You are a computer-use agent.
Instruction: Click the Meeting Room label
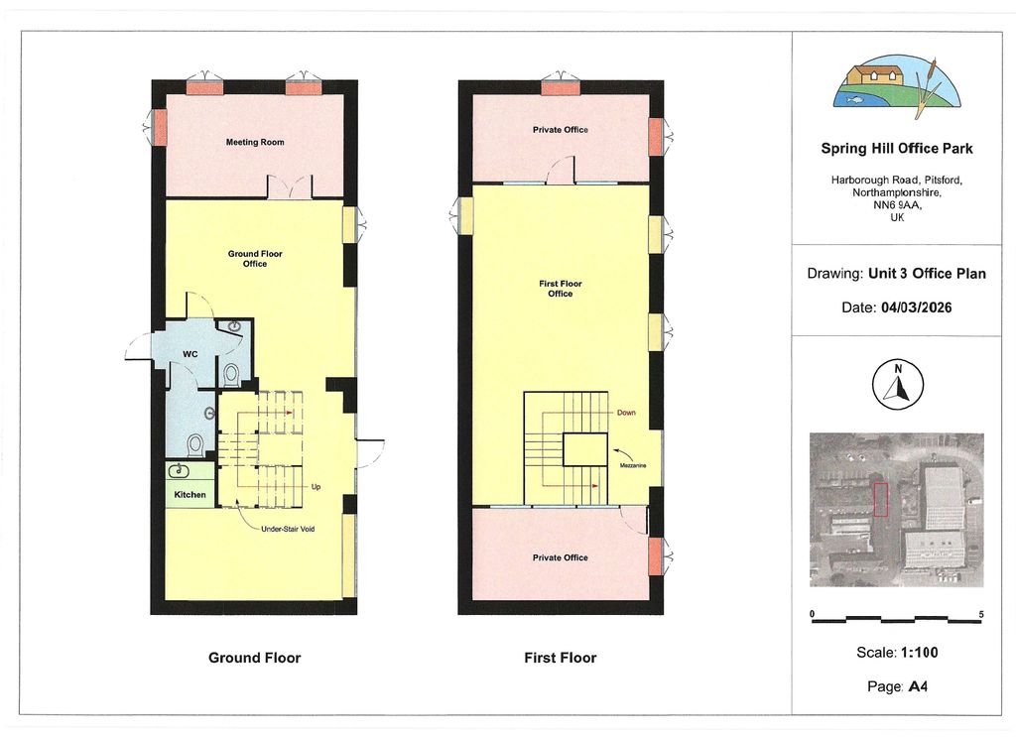pyautogui.click(x=255, y=142)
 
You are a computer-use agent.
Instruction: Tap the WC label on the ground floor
pyautogui.click(x=190, y=354)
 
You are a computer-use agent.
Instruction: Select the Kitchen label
pyautogui.click(x=190, y=495)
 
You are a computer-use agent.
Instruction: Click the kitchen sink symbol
pyautogui.click(x=179, y=470)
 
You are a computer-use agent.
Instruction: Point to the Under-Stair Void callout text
pyautogui.click(x=288, y=529)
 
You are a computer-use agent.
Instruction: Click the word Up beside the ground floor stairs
pyautogui.click(x=316, y=487)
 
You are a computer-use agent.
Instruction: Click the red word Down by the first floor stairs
pyautogui.click(x=626, y=413)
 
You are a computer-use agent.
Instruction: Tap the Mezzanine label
pyautogui.click(x=632, y=465)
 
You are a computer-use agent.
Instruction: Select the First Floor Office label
pyautogui.click(x=561, y=289)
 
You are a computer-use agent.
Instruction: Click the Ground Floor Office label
pyautogui.click(x=255, y=259)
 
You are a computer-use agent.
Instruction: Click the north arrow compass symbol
pyautogui.click(x=897, y=385)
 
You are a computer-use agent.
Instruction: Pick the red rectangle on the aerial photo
pyautogui.click(x=881, y=499)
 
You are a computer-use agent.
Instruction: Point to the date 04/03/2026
pyautogui.click(x=916, y=307)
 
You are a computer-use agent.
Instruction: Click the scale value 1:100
pyautogui.click(x=919, y=652)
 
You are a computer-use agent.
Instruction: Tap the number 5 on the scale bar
pyautogui.click(x=981, y=614)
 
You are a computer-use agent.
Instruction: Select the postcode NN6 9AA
pyautogui.click(x=897, y=205)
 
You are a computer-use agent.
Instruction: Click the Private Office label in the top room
pyautogui.click(x=561, y=130)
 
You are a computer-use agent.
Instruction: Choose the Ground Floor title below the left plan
pyautogui.click(x=255, y=658)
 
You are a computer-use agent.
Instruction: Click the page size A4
pyautogui.click(x=918, y=686)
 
